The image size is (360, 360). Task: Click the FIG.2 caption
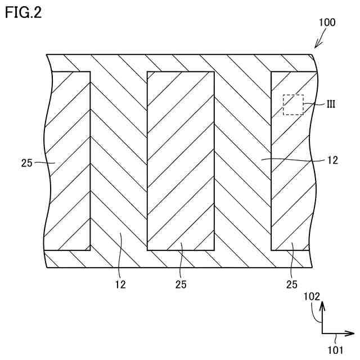pos(23,12)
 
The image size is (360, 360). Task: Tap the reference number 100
pos(327,23)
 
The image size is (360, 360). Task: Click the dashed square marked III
pos(293,105)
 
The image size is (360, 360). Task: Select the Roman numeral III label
pos(331,104)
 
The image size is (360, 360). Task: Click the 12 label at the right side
pos(331,160)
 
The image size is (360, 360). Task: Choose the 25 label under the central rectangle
pos(181,284)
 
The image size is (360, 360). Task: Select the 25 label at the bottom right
pos(291,284)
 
